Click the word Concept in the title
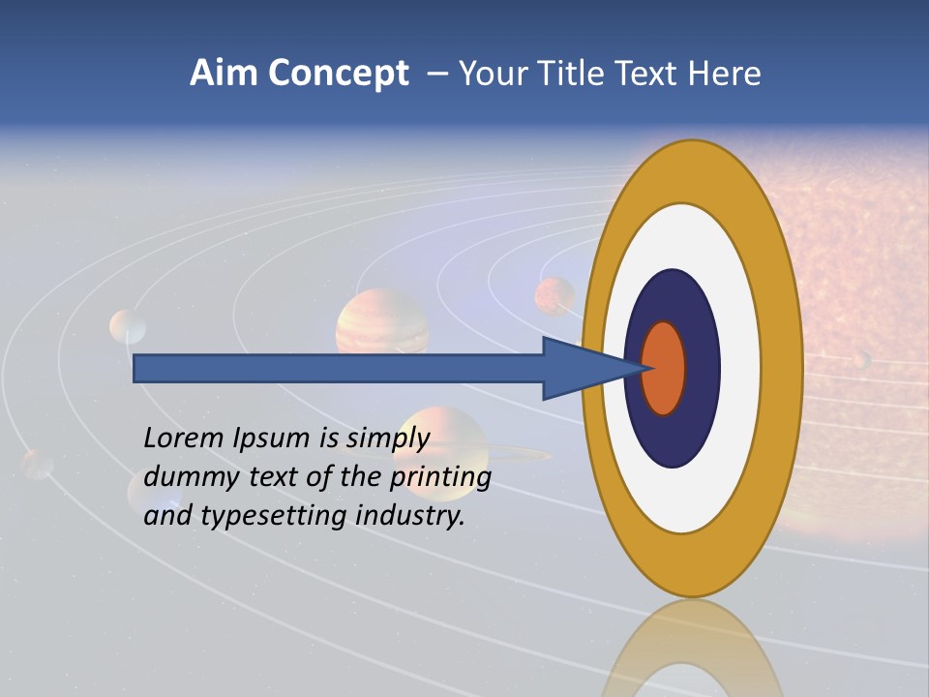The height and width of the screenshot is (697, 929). [x=338, y=74]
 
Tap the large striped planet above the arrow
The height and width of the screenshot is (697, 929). [x=382, y=322]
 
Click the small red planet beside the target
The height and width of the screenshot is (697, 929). [x=554, y=296]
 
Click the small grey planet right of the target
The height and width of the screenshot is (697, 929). [x=860, y=360]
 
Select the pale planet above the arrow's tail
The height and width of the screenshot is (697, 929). [x=128, y=326]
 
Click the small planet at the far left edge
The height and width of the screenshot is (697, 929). [x=38, y=464]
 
